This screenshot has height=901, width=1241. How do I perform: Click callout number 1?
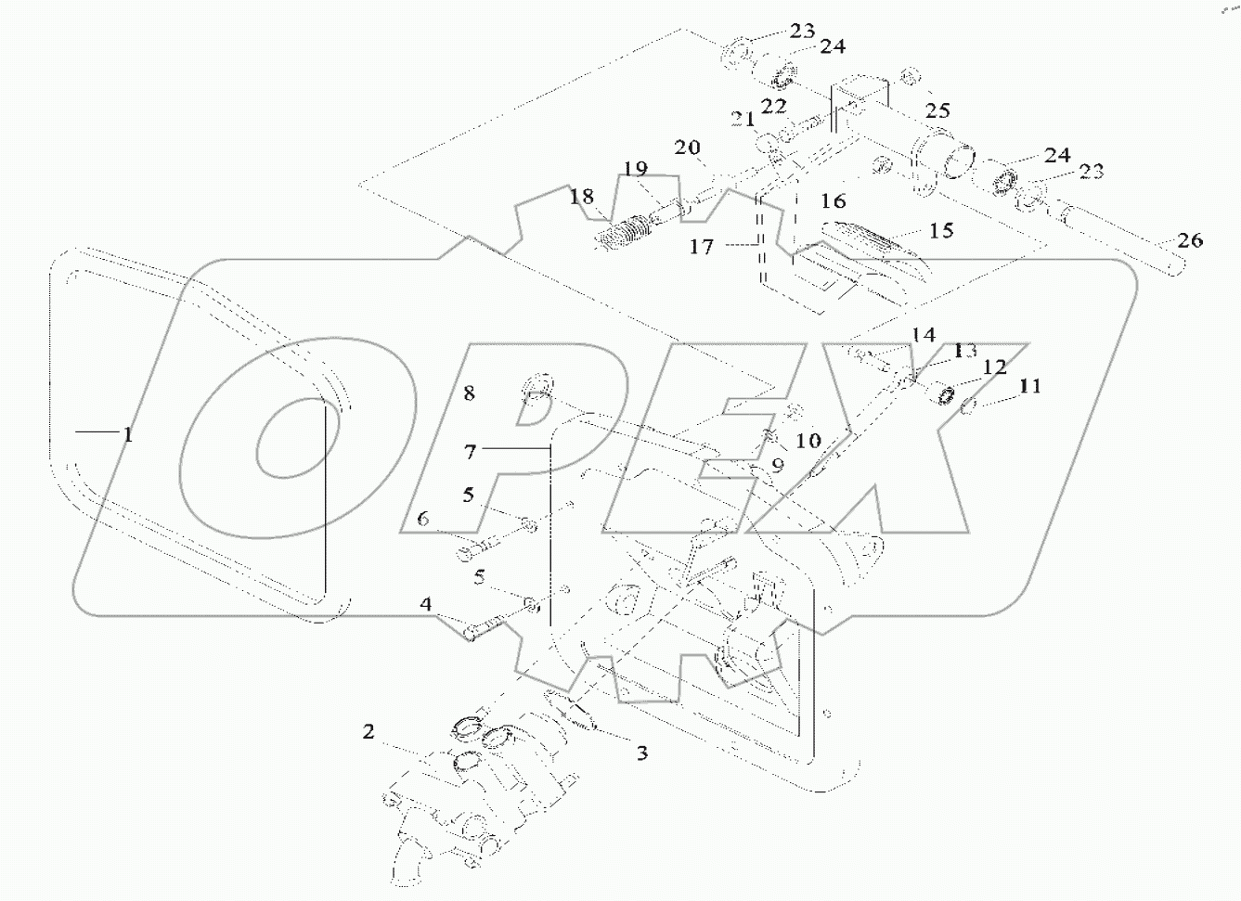[x=127, y=433]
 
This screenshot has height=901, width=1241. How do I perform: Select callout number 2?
[x=368, y=733]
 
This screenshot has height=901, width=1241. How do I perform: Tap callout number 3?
[x=641, y=753]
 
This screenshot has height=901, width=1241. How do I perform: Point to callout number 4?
[x=426, y=605]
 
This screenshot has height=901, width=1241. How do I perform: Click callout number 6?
[x=423, y=520]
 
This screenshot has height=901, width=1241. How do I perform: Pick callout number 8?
[x=469, y=393]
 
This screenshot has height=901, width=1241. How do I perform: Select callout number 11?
[x=1030, y=385]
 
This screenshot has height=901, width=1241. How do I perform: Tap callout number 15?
[x=941, y=229]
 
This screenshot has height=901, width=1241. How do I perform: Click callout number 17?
[x=702, y=249]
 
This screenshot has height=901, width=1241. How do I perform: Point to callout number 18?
[x=581, y=197]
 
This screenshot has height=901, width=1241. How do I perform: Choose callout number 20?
[x=687, y=148]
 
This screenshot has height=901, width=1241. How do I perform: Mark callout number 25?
[x=937, y=110]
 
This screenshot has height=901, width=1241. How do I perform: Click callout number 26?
[x=1191, y=241]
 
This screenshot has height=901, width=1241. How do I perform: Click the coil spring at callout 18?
[x=621, y=232]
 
